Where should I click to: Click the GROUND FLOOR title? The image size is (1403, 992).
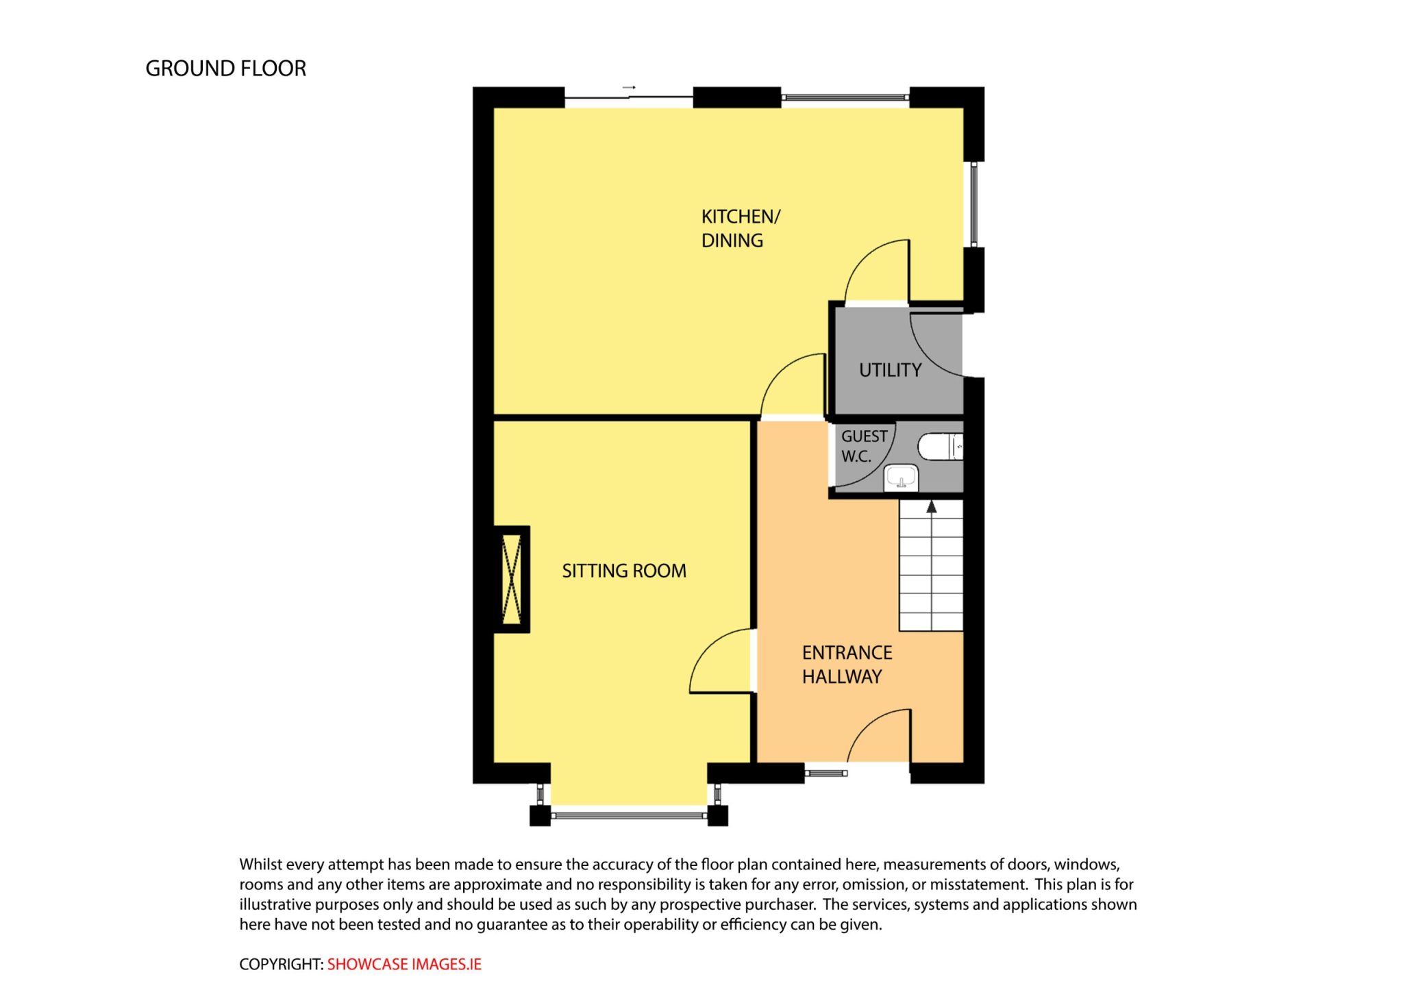click(x=225, y=69)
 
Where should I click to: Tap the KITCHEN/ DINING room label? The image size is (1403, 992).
click(x=741, y=229)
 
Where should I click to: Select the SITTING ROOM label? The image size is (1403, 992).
click(x=624, y=571)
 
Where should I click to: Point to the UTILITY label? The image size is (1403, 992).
click(x=890, y=370)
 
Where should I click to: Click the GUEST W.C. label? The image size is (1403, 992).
click(x=864, y=446)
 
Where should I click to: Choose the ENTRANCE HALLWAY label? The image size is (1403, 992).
click(x=847, y=665)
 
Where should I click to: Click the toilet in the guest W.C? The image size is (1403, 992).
click(x=941, y=447)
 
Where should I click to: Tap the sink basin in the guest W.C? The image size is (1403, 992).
click(x=901, y=477)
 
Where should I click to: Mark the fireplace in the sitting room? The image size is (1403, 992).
click(x=512, y=579)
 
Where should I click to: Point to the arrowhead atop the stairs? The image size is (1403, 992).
click(x=931, y=507)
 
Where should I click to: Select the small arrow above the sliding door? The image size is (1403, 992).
click(x=629, y=88)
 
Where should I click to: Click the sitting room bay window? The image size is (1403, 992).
click(x=628, y=815)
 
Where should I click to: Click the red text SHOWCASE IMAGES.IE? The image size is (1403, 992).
click(x=404, y=964)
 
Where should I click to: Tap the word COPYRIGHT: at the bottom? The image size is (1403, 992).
click(x=281, y=964)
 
